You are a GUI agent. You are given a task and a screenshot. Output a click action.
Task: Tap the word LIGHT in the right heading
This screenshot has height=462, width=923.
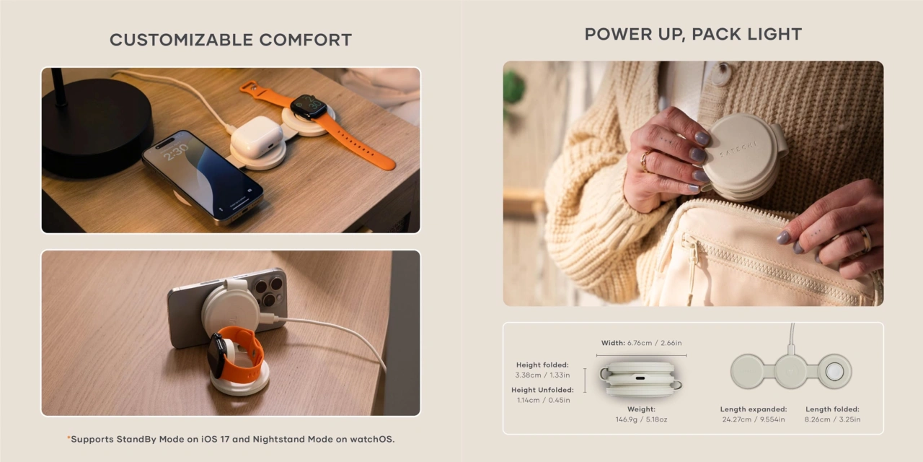point(774,34)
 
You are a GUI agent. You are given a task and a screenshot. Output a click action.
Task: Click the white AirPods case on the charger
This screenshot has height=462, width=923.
point(256,136)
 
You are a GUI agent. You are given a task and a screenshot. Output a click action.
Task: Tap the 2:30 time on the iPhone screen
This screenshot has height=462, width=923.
point(176,152)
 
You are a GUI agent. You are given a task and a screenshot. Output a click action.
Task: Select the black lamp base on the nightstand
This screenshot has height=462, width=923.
point(97,128)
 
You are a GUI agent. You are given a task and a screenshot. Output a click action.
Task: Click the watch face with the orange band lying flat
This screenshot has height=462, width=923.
point(309,106)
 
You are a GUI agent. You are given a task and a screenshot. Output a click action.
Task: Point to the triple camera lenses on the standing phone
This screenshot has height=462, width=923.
point(267,292)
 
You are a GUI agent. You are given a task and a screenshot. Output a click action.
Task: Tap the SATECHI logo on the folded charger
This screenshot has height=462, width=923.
point(738,149)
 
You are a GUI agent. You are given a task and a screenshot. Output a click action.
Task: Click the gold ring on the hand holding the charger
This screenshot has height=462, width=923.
point(645,161)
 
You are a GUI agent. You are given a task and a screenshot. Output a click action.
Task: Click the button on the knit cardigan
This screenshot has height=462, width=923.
point(721,74)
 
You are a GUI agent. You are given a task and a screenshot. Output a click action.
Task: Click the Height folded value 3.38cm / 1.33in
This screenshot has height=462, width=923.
point(542,375)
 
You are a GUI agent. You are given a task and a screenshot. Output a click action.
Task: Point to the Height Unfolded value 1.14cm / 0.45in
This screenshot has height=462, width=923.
point(544,400)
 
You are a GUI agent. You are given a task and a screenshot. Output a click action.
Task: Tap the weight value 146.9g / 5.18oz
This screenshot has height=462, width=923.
point(641,419)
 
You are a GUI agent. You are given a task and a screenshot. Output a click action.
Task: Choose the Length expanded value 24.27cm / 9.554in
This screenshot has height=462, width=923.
point(754,419)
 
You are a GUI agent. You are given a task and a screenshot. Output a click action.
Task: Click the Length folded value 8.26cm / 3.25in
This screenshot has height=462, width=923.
point(832,419)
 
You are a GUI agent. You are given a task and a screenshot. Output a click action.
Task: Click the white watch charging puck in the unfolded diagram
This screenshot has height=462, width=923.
point(834,372)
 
